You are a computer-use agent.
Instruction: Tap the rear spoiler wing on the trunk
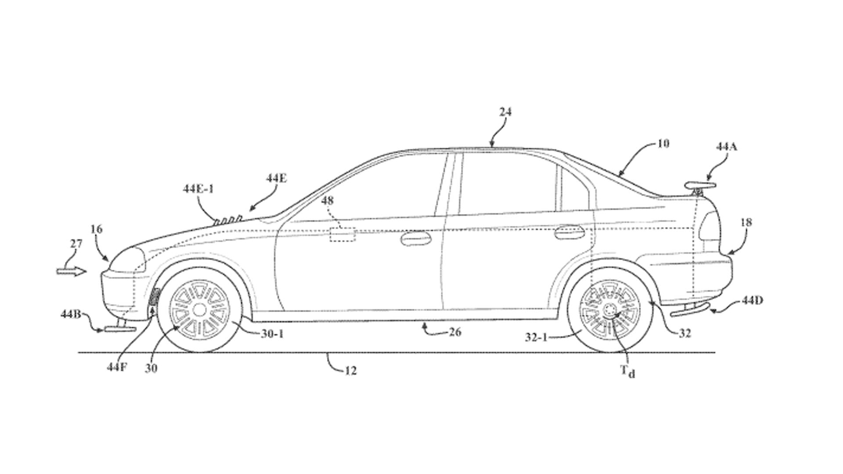[x=700, y=185]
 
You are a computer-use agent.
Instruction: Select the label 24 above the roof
[x=505, y=112]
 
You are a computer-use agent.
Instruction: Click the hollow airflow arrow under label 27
[x=71, y=272]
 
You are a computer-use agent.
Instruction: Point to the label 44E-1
[x=198, y=189]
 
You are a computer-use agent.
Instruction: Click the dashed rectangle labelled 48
[x=342, y=235]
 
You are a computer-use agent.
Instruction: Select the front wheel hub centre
[x=199, y=310]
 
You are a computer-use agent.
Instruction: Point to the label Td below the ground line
[x=627, y=371]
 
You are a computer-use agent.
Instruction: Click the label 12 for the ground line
[x=350, y=371]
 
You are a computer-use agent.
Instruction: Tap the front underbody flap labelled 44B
[x=119, y=328]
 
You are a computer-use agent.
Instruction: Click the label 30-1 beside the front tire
[x=272, y=334]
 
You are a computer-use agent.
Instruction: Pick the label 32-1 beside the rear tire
[x=536, y=337]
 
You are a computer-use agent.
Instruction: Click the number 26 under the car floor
[x=455, y=332]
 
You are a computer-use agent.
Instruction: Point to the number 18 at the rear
[x=746, y=223]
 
